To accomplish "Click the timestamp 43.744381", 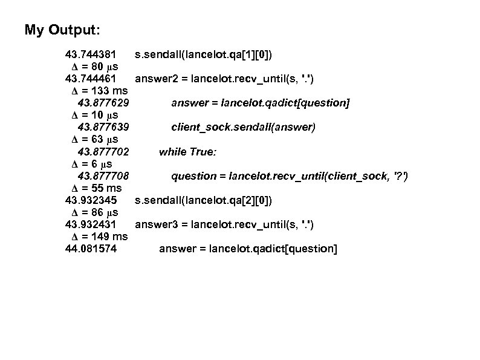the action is pyautogui.click(x=90, y=55).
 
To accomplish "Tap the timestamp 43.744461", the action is pyautogui.click(x=90, y=79).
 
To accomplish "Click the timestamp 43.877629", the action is pyautogui.click(x=103, y=103).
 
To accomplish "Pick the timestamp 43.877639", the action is pyautogui.click(x=103, y=127).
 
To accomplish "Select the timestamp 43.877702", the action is pyautogui.click(x=103, y=152).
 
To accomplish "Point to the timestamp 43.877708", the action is pyautogui.click(x=103, y=176).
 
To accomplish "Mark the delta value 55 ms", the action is pyautogui.click(x=97, y=188).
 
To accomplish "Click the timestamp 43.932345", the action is pyautogui.click(x=90, y=200).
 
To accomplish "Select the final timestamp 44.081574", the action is pyautogui.click(x=90, y=249).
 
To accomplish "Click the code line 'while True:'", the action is pyautogui.click(x=187, y=152).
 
